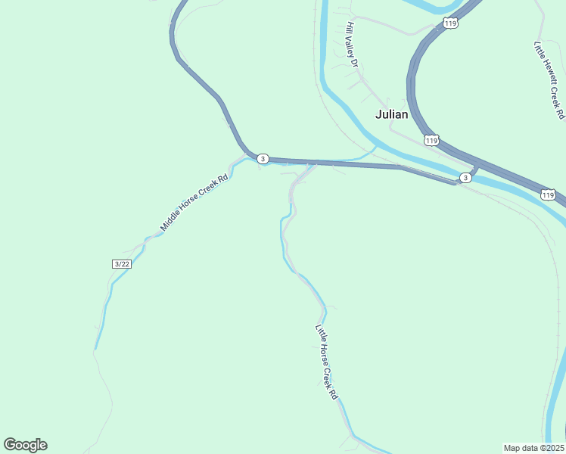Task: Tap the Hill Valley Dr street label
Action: click(351, 45)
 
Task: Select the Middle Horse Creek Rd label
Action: click(194, 204)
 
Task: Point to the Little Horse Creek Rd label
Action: click(326, 362)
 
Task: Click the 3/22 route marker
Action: click(121, 263)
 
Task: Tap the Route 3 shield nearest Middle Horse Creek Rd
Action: click(262, 159)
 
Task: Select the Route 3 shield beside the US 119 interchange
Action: click(465, 177)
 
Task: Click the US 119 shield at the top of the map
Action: click(450, 23)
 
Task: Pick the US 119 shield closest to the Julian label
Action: click(431, 141)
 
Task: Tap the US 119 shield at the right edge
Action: click(548, 195)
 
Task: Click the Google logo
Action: click(25, 445)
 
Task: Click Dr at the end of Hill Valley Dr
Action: click(354, 64)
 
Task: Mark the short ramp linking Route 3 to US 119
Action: click(475, 169)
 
